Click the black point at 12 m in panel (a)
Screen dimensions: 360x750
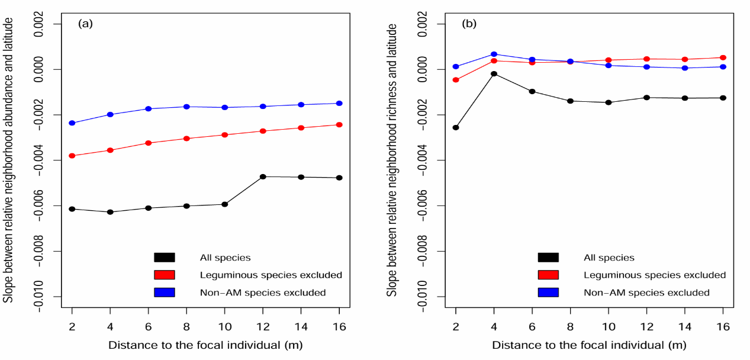263,176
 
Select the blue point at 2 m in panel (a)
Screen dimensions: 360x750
72,123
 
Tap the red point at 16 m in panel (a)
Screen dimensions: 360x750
339,124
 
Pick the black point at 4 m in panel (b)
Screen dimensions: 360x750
494,73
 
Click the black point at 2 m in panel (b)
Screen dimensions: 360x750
456,127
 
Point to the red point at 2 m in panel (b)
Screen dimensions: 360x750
456,80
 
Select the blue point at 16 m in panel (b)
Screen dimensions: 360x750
723,66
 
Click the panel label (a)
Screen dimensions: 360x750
85,24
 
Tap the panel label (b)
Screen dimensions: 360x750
469,24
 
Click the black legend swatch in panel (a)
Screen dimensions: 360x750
164,258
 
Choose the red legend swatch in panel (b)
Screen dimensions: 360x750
548,275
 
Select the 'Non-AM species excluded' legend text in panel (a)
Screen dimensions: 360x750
263,292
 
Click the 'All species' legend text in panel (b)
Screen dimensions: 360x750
609,258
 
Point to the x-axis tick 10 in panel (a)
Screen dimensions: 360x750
224,326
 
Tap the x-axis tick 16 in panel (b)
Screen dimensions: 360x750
723,326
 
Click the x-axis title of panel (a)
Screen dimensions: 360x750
205,345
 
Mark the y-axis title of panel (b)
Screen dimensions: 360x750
392,160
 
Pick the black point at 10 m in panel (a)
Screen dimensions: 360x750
224,204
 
